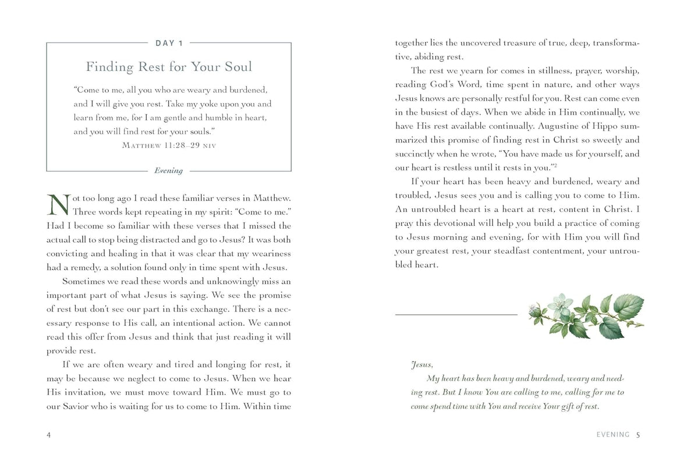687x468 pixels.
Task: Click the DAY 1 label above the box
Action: coord(169,42)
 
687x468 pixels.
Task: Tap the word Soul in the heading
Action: coord(236,66)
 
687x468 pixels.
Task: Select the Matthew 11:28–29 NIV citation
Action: coord(169,145)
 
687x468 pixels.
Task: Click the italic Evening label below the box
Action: coord(169,171)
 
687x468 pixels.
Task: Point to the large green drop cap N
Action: coord(57,205)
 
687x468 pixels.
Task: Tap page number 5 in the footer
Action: coord(638,434)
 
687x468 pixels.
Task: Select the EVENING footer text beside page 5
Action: coord(613,434)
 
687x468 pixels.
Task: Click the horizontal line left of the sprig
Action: coord(456,314)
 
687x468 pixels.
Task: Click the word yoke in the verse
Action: coord(213,104)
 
